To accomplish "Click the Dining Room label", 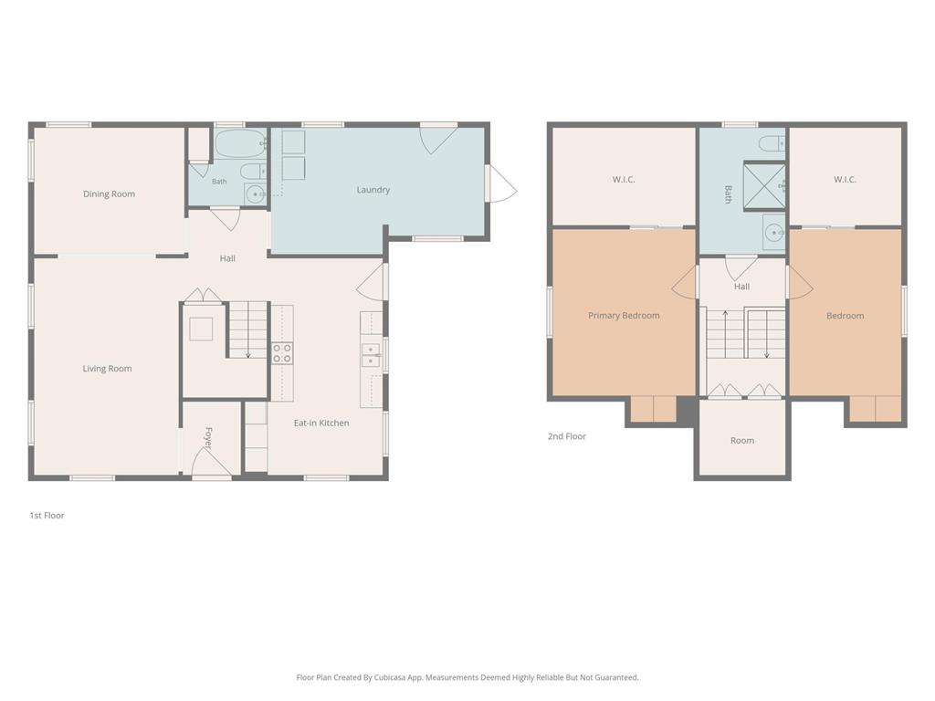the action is click(110, 194).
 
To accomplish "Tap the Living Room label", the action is click(108, 369).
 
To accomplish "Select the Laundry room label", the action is click(373, 190).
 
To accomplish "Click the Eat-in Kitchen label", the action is click(321, 423).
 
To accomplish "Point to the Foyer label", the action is click(208, 438).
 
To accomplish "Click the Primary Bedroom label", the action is click(624, 315).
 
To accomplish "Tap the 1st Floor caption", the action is click(47, 515).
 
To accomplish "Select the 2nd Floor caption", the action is click(567, 436).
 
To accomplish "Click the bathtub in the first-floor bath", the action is click(240, 143).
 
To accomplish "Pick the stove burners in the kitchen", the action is click(283, 353).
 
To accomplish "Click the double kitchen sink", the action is click(371, 355).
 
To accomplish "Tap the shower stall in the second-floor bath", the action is click(764, 186).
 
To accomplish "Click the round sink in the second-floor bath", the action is click(774, 232).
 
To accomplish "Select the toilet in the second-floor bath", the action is click(772, 143).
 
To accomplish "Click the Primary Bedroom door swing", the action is click(684, 282).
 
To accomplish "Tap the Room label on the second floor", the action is click(742, 441).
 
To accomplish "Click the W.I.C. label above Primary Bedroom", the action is click(624, 180).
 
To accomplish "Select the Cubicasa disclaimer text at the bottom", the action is click(467, 677).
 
